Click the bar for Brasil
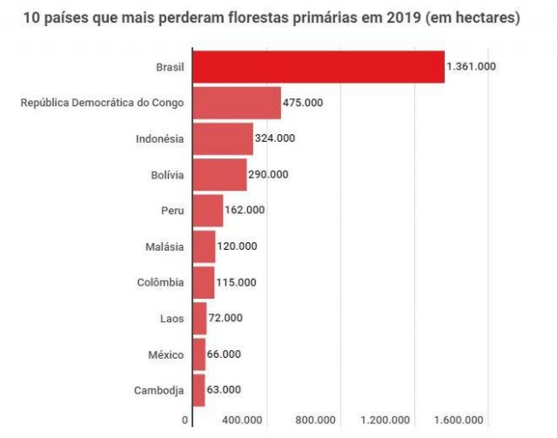click(x=318, y=67)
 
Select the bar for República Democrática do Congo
click(x=236, y=103)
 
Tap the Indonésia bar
click(x=222, y=138)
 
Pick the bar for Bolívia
click(x=218, y=174)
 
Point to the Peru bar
click(x=207, y=211)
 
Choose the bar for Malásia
click(x=203, y=246)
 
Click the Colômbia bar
click(x=203, y=282)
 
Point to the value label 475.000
click(x=303, y=103)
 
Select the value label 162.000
click(x=245, y=211)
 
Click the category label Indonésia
click(x=160, y=138)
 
